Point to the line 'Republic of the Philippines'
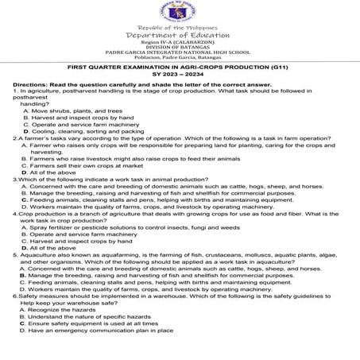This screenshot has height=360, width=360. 180,28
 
